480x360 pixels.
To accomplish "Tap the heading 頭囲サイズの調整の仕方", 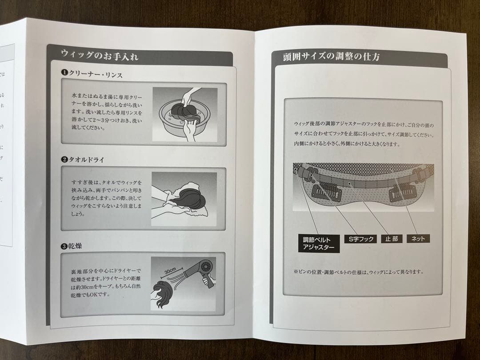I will (331, 57).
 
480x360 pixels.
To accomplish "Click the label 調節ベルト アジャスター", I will (318, 243).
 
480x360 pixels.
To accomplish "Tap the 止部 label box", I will (392, 239).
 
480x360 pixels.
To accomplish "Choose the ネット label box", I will (418, 239).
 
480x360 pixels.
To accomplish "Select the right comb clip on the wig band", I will (402, 194).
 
